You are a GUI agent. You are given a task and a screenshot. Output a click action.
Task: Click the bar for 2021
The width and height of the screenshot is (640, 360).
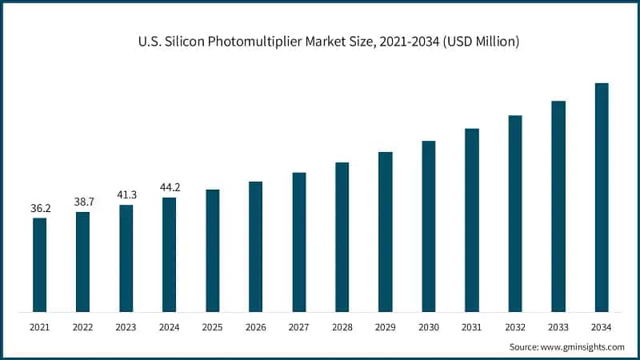point(39,265)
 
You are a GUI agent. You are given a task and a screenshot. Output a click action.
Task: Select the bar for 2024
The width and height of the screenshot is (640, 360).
point(169,254)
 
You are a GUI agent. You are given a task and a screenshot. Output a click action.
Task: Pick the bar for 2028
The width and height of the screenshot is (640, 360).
point(342,237)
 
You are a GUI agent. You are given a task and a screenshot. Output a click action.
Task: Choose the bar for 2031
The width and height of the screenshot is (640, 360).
point(471,220)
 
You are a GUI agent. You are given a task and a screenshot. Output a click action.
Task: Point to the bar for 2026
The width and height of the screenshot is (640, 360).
point(255,246)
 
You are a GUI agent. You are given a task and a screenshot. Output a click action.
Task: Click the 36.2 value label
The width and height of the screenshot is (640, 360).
point(39,209)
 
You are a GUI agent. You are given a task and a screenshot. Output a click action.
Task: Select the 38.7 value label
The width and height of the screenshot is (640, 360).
point(82,203)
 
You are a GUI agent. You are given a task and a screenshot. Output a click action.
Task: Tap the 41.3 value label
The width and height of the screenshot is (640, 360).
point(126,195)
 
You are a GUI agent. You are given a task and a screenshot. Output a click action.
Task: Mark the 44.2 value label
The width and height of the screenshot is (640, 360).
point(169,188)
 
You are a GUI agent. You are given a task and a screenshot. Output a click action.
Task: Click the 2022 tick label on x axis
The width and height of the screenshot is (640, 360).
point(82,327)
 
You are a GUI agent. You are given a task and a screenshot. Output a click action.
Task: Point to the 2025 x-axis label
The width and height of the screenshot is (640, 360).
point(212,327)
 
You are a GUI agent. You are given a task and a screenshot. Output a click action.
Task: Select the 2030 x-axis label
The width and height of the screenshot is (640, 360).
point(428,327)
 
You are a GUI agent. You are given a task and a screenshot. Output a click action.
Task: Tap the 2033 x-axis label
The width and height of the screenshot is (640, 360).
point(558,327)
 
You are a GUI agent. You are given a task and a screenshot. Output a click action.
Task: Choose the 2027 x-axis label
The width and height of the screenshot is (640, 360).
point(298,327)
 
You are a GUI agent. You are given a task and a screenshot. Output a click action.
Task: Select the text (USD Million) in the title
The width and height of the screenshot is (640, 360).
point(478,41)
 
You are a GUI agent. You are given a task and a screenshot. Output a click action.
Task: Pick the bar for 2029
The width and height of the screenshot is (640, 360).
point(385,232)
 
